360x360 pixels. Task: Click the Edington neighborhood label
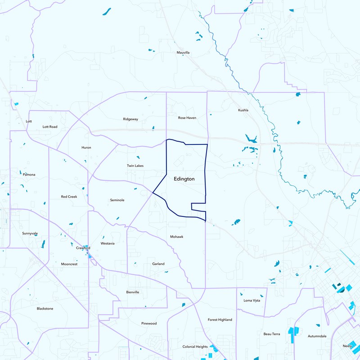point(184,179)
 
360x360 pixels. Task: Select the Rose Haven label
point(187,118)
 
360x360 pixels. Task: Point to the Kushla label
point(243,110)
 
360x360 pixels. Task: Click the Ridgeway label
point(130,119)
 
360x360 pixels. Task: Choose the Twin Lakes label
point(135,166)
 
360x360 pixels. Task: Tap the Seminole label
point(117,200)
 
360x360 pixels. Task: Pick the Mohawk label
point(177,237)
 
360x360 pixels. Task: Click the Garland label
point(158,264)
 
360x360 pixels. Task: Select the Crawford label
point(83,248)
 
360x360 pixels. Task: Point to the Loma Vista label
point(252,301)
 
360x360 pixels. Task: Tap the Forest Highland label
point(220,320)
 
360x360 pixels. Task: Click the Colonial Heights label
point(195,347)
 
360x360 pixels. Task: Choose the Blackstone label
point(45,309)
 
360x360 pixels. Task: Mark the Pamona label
point(29,174)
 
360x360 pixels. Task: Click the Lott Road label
point(50,127)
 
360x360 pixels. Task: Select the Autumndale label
point(317,336)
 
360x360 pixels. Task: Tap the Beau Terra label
point(272,334)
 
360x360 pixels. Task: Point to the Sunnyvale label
point(30,234)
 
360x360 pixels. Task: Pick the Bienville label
point(133,292)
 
